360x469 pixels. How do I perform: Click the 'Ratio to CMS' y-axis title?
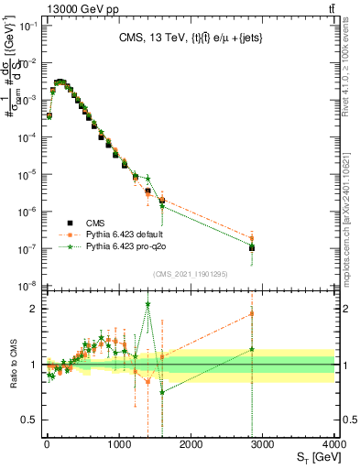point(13,364)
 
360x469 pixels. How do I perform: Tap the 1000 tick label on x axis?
point(119,444)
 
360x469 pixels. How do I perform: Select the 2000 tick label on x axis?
point(191,444)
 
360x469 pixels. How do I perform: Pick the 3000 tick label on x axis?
point(264,444)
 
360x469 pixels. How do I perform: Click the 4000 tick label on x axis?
point(335,444)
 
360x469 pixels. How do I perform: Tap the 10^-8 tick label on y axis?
point(26,286)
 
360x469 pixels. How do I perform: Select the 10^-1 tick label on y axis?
point(26,26)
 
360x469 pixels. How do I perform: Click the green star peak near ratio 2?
point(147,304)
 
